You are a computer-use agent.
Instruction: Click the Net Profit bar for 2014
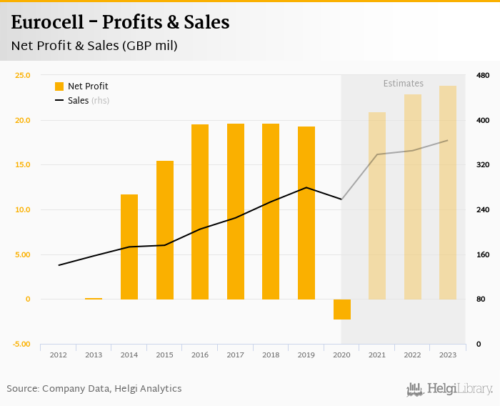pos(129,247)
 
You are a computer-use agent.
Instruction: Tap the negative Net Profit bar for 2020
pos(342,310)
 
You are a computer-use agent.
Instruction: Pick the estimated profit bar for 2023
pos(448,192)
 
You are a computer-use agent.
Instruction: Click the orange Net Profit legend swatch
pos(59,86)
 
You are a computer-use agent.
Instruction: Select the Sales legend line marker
pos(59,101)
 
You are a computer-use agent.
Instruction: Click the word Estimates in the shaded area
pos(404,84)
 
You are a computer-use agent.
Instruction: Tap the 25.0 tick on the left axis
pos(23,75)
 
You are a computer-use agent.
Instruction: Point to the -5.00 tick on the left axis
pos(21,345)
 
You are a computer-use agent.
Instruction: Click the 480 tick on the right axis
pos(482,75)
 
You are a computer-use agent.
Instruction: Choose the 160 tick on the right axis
pos(482,254)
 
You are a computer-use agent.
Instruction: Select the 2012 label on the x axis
pos(59,355)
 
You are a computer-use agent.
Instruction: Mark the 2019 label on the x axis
pos(306,355)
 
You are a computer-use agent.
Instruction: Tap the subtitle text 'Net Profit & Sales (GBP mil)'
pos(94,46)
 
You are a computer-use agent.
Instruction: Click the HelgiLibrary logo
pos(449,389)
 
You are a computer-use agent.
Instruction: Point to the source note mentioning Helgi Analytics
pos(94,389)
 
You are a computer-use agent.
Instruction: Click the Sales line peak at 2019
pos(306,187)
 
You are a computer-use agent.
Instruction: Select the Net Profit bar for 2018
pos(271,212)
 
